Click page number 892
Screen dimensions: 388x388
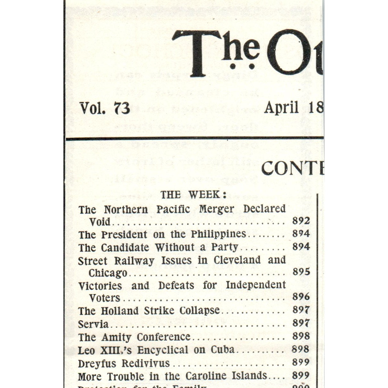point(301,221)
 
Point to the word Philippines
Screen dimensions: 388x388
point(218,234)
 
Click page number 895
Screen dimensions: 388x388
point(301,272)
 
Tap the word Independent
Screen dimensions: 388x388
point(256,285)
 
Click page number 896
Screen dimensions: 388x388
point(301,297)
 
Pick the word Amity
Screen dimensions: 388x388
point(116,337)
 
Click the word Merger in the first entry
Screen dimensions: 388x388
point(216,209)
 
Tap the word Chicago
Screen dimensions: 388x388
point(108,273)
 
